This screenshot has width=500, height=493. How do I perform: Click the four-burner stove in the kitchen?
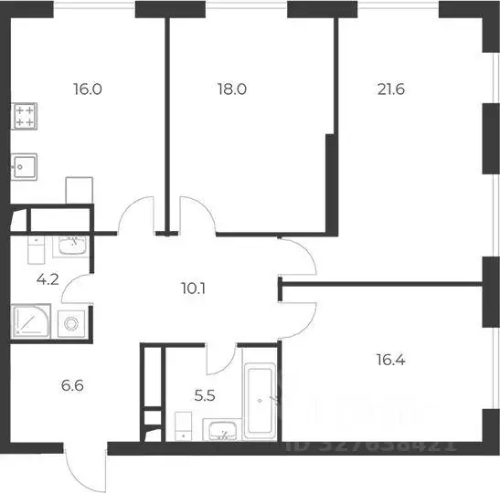tap(25, 116)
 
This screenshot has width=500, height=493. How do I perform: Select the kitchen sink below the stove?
tap(25, 168)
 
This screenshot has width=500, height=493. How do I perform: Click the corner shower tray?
tap(30, 321)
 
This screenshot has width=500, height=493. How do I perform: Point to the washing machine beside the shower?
tap(70, 322)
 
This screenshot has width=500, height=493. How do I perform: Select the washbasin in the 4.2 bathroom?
tap(71, 245)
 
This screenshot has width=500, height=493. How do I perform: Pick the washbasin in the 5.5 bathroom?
tap(219, 430)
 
